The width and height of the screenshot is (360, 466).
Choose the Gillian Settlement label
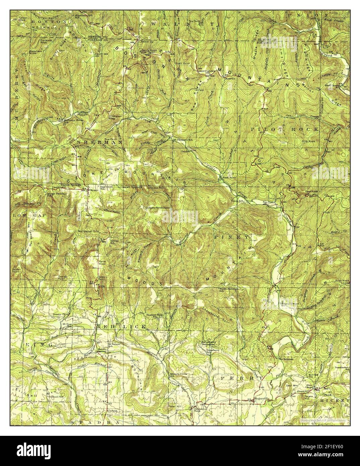click(x=157, y=208)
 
